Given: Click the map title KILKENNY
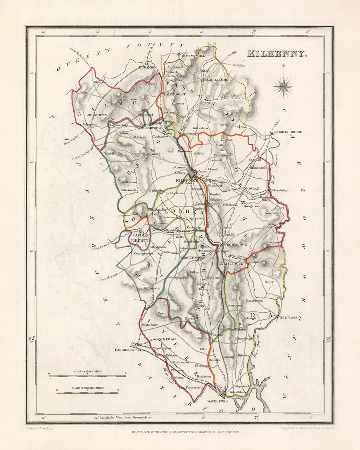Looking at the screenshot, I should (277, 53).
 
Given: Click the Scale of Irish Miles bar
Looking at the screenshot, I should (87, 376).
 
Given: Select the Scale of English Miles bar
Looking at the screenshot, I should (87, 392).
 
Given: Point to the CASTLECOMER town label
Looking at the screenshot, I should (219, 80).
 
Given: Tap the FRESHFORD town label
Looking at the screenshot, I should (152, 128).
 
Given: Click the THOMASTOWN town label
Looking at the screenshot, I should (236, 244).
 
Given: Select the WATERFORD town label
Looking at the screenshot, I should (217, 401).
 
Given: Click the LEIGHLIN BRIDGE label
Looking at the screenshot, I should (288, 132).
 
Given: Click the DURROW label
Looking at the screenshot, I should (146, 68).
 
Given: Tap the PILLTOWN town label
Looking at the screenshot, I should (168, 339).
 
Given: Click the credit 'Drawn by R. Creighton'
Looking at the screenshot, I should (42, 428).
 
